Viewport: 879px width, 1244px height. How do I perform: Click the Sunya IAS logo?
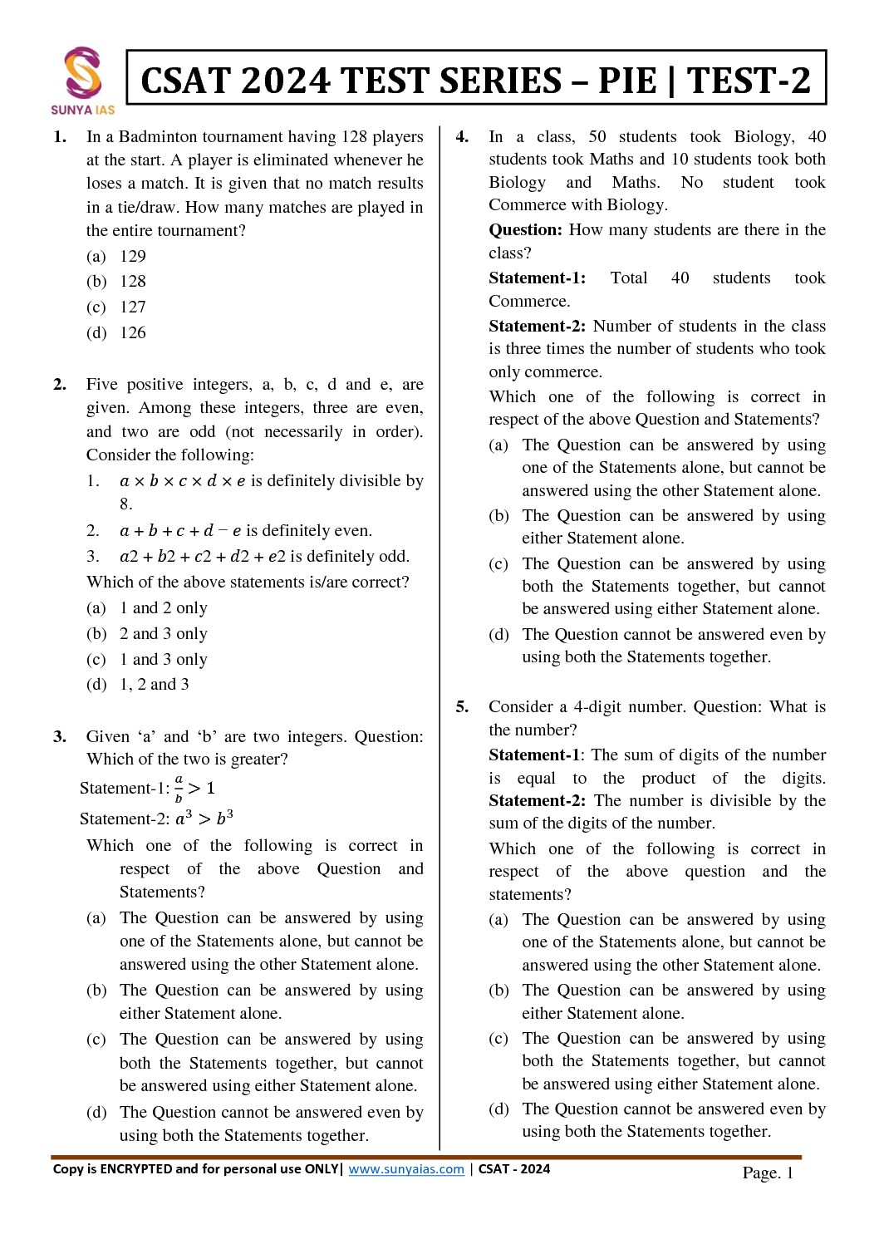point(83,80)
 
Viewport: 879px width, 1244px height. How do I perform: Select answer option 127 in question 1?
point(133,307)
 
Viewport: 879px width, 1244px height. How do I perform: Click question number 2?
point(60,384)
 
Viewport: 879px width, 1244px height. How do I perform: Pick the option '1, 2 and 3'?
point(155,684)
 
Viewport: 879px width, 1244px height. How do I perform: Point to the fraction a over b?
point(179,788)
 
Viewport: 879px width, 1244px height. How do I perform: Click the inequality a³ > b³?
point(204,819)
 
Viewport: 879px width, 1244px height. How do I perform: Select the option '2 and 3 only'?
point(164,633)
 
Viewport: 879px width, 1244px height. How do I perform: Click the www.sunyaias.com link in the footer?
point(406,1169)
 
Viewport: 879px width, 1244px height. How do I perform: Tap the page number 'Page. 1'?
point(768,1173)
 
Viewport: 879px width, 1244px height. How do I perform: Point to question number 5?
point(462,706)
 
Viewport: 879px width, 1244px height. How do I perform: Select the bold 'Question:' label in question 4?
point(525,229)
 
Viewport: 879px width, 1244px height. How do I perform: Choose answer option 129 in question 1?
point(133,256)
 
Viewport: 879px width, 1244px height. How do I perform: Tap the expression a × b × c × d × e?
point(183,480)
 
